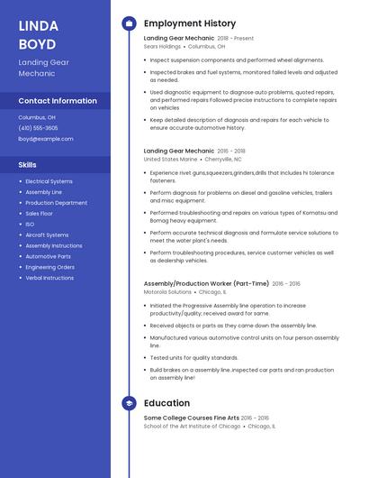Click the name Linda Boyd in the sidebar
38,34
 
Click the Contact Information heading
58,101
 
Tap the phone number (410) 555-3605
38,128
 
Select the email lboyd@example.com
46,139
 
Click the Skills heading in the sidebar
28,165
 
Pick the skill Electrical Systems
49,181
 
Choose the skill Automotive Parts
49,256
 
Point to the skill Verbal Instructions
49,278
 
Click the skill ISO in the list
30,224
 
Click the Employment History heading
189,23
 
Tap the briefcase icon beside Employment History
128,23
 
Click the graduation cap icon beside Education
128,403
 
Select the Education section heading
166,403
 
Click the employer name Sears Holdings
162,46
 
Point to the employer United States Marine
170,159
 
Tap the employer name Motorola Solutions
167,292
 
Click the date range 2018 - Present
236,39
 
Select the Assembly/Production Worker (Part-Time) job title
205,283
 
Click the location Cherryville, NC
224,159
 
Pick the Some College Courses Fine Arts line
192,418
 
